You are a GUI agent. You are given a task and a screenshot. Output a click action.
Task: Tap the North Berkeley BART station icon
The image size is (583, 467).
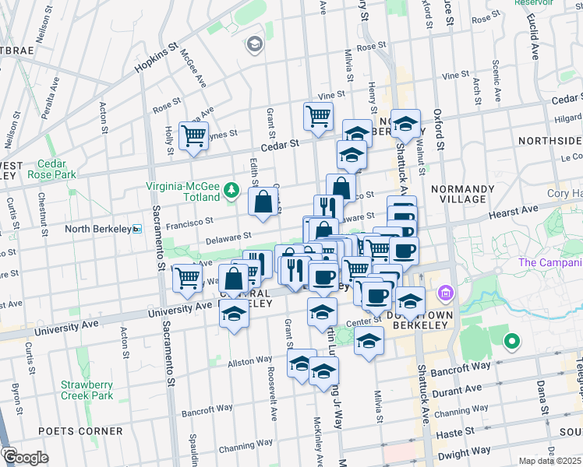(136, 229)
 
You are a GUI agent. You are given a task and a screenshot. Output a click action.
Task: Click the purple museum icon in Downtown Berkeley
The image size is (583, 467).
(446, 294)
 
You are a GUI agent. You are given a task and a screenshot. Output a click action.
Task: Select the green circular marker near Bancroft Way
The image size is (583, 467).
(511, 340)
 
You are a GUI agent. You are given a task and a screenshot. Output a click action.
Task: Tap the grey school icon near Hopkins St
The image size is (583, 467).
(254, 44)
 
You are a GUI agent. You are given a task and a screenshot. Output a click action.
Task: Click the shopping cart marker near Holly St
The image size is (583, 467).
(193, 136)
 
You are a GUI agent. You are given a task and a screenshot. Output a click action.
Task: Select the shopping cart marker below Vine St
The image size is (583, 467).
(318, 117)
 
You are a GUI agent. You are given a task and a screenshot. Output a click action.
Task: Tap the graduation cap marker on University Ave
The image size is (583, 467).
(233, 314)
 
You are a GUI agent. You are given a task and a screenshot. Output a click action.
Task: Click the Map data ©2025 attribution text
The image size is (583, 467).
(550, 461)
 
